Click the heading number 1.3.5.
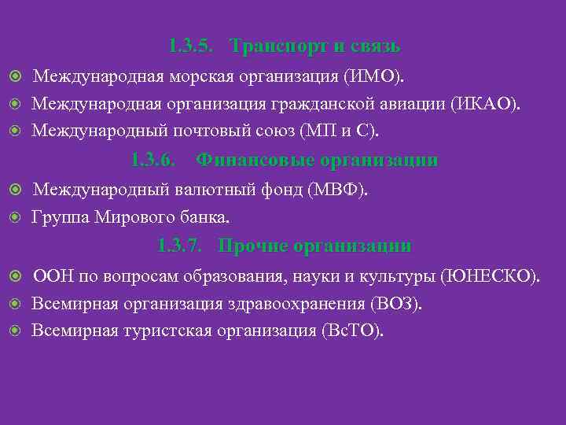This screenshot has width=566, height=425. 190,46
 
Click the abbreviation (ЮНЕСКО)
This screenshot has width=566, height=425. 491,277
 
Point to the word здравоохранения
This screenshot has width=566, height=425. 290,304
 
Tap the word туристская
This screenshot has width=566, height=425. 167,330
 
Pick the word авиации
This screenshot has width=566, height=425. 406,104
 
